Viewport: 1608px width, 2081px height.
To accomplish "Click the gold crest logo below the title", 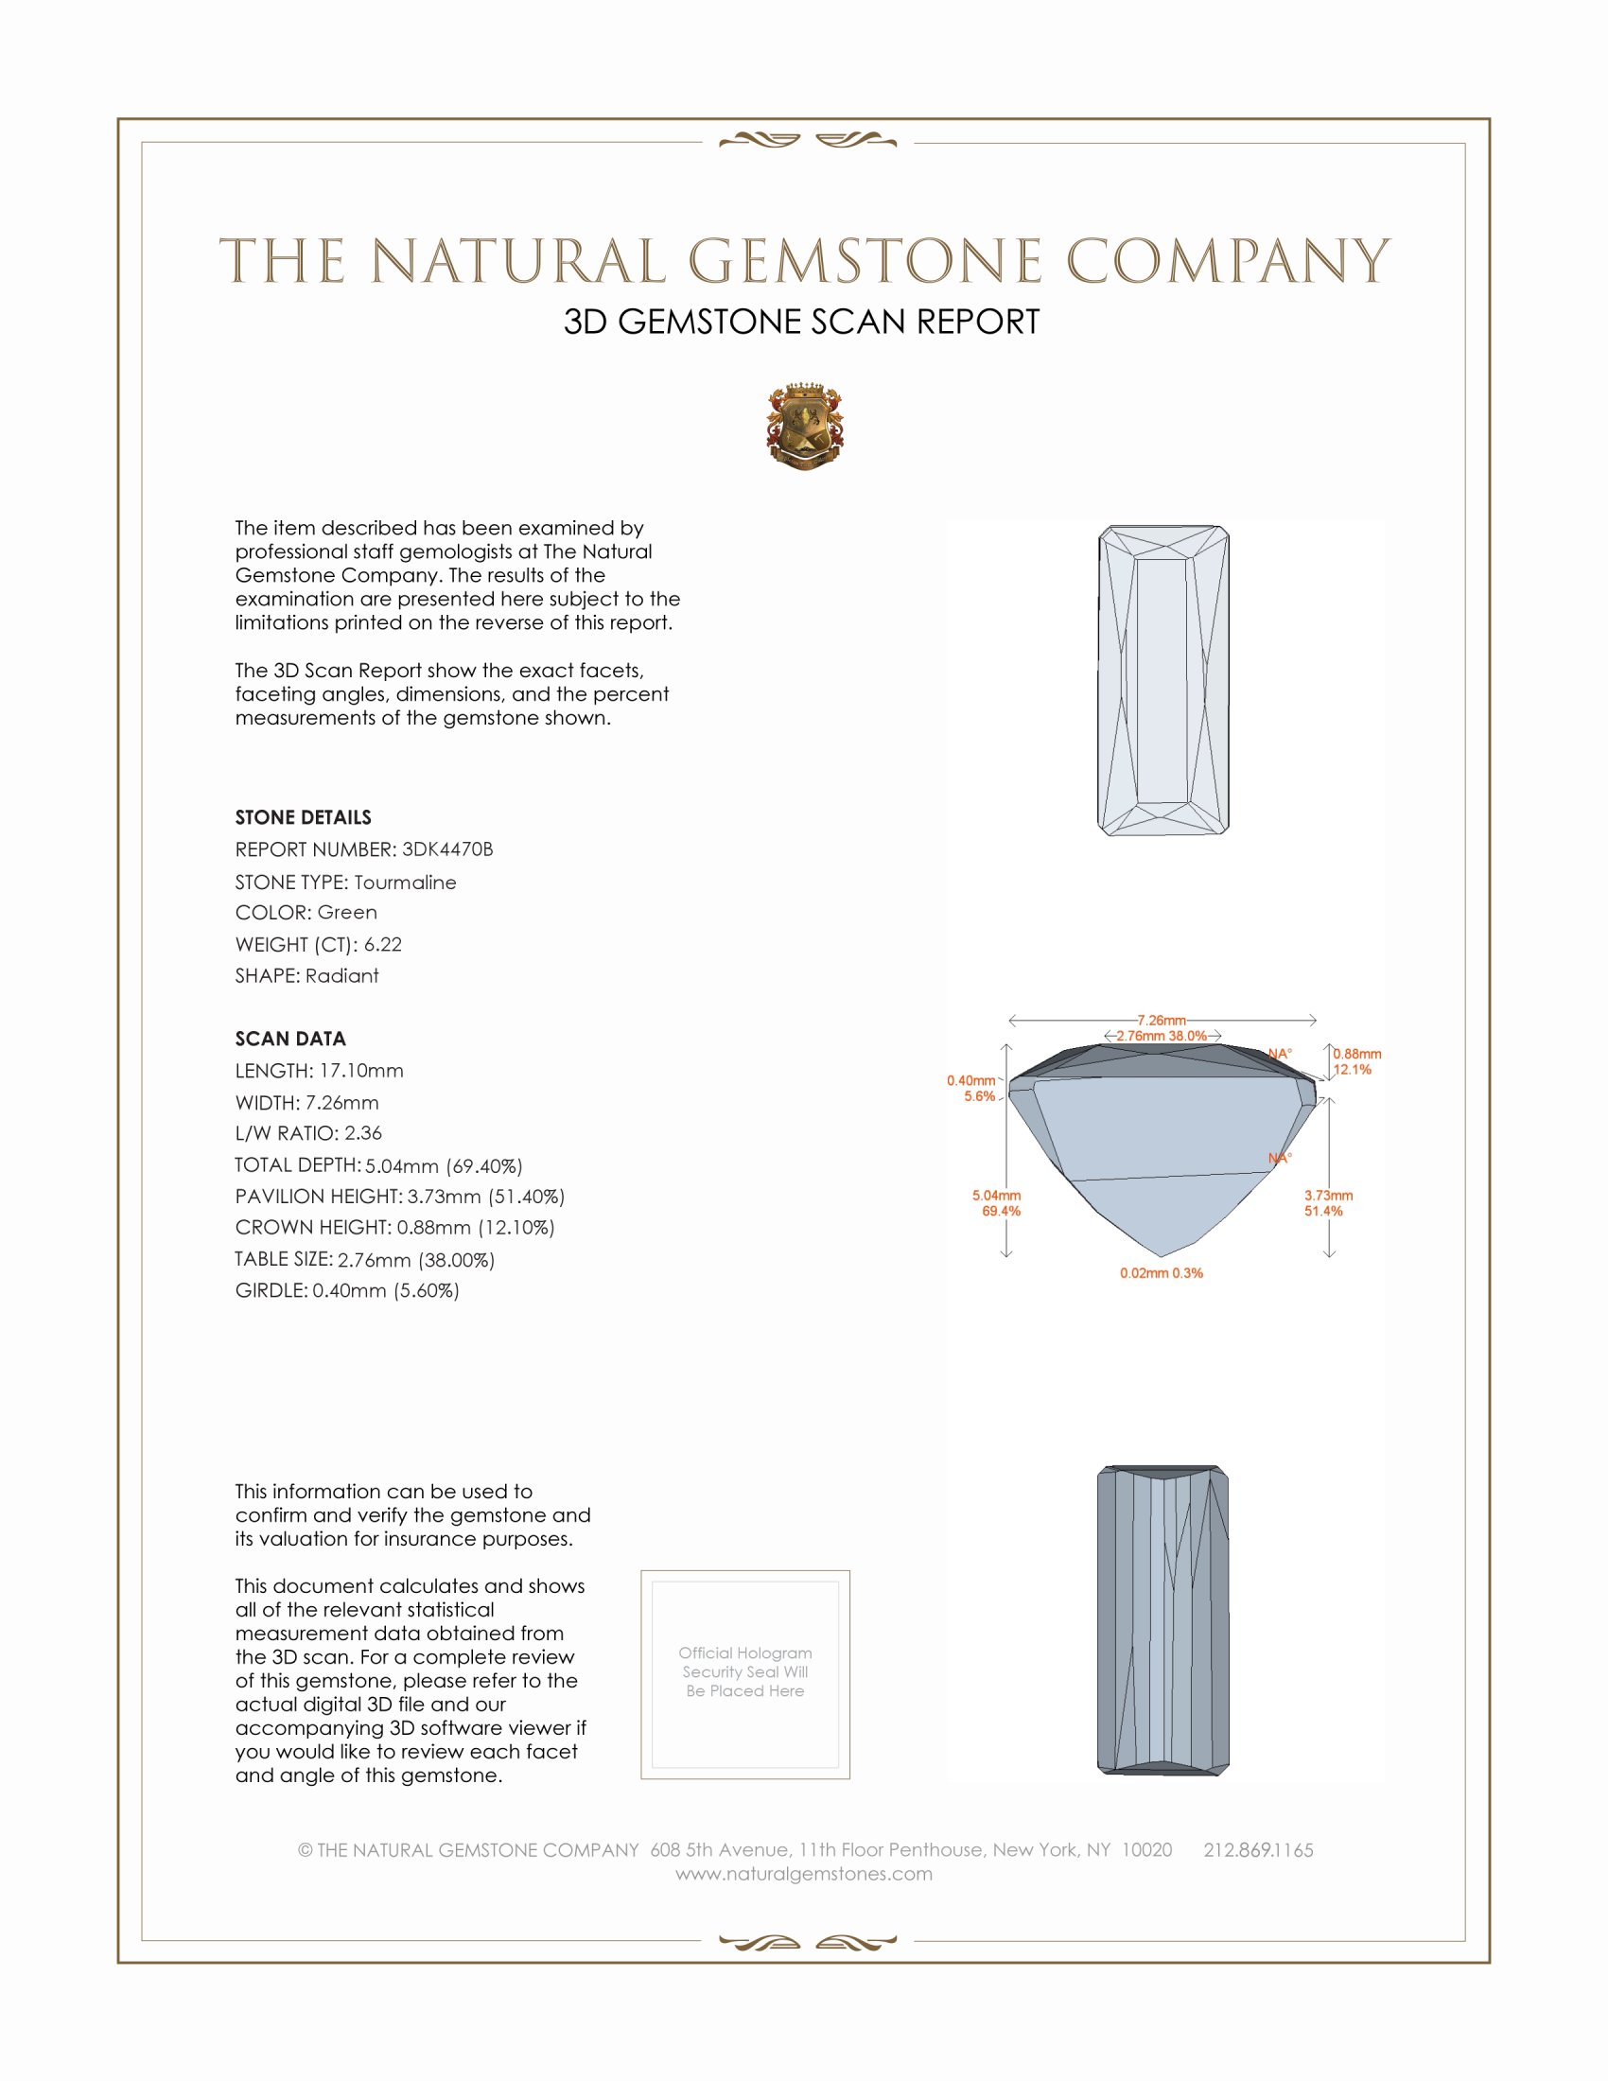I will tap(805, 427).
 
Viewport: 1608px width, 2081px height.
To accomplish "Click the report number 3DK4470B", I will tap(446, 849).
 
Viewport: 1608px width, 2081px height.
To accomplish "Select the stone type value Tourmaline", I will tap(405, 883).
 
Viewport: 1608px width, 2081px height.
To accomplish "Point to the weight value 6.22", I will tap(383, 944).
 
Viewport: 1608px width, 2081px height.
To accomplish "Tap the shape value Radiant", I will tap(342, 976).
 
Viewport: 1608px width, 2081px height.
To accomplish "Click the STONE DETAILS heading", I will tap(303, 817).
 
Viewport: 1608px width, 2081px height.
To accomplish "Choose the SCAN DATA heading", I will tap(290, 1039).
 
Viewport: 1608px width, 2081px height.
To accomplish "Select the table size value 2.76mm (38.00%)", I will tap(416, 1260).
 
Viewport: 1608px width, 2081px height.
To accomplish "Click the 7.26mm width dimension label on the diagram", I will tap(1161, 1021).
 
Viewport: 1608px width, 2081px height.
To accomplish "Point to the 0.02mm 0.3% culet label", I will tap(1162, 1273).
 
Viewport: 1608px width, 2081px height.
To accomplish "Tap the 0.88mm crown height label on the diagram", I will tap(1356, 1054).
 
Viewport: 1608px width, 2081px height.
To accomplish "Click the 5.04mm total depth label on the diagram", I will tap(996, 1196).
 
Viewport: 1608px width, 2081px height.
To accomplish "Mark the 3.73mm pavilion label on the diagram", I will tap(1328, 1196).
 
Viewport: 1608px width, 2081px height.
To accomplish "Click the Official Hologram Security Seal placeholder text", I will tap(745, 1671).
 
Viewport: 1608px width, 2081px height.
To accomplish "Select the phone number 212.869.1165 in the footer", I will tap(1257, 1850).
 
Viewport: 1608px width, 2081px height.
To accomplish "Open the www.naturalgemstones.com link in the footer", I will tap(804, 1874).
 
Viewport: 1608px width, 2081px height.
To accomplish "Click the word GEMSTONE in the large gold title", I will tap(865, 262).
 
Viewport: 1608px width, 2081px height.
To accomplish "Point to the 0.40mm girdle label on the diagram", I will tap(970, 1080).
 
